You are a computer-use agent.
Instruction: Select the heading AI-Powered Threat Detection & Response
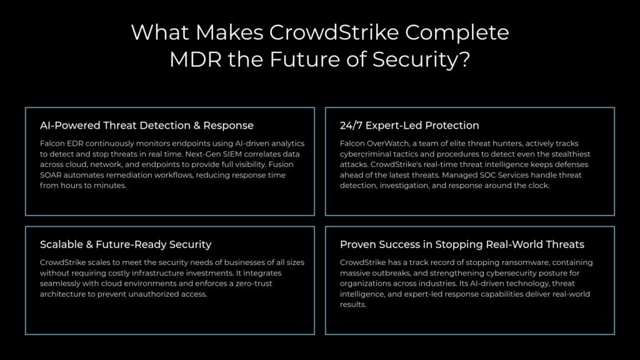(x=147, y=126)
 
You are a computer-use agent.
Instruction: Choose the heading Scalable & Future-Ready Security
(x=126, y=244)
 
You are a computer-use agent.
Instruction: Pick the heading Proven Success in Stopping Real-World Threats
(x=462, y=244)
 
